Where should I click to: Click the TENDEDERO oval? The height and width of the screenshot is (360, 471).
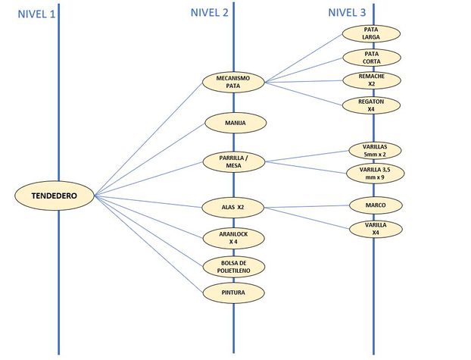(55, 196)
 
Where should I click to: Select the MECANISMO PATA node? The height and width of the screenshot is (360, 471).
(233, 82)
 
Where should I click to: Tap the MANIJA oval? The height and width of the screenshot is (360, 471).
(235, 123)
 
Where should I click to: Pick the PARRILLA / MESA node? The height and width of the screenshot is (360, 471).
(234, 161)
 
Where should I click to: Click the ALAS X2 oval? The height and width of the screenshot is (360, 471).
(233, 207)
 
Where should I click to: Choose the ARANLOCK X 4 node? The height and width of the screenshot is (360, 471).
(233, 238)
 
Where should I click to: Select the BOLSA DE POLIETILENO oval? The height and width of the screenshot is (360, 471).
(234, 267)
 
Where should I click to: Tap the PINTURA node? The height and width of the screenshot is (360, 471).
(233, 293)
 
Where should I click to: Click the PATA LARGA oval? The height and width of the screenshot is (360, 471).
(371, 33)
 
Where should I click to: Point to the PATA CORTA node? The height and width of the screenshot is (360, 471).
(372, 58)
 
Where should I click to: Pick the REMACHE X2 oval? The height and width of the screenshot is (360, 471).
(372, 80)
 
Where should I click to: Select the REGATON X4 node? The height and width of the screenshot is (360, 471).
(371, 105)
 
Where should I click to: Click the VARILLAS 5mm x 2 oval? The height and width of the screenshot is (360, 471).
(375, 151)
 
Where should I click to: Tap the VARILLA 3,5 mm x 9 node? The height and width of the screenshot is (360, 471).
(375, 174)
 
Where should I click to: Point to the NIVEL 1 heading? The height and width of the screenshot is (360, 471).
(36, 14)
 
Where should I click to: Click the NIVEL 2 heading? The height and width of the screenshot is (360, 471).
(209, 12)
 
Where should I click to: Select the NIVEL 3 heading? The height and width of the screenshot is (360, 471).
(347, 12)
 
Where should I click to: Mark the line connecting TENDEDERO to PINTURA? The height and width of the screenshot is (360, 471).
(148, 244)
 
